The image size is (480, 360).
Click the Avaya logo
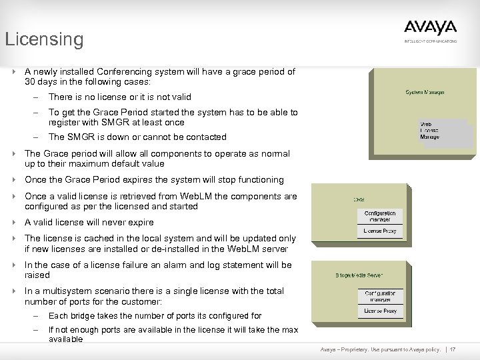tap(430, 27)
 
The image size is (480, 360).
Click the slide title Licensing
tap(45, 39)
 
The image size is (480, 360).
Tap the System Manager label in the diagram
tap(425, 92)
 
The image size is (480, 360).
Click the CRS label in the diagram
tap(359, 199)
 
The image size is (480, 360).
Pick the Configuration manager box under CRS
tap(380, 217)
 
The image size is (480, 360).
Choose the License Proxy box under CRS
tap(380, 231)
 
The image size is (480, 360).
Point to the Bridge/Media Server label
tap(359, 275)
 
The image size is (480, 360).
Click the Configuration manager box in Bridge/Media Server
tap(380, 296)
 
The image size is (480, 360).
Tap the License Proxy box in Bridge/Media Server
tap(380, 311)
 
